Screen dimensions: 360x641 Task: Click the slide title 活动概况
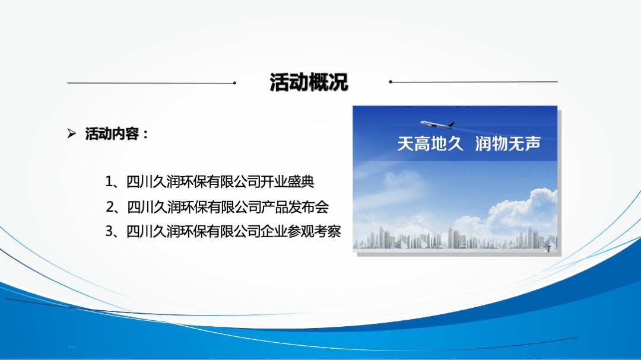(309, 82)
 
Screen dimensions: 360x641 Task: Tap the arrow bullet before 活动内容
(72, 134)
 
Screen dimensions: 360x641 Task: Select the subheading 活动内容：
(117, 134)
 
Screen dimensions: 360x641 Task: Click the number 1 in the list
(109, 181)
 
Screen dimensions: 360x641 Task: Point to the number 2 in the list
(109, 207)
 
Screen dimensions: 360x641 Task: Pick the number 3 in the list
(109, 231)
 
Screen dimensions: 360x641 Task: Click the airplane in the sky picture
(437, 124)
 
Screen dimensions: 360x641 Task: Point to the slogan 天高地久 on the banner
(430, 144)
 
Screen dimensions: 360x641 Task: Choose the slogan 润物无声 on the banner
(508, 144)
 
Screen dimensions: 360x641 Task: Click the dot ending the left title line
(235, 83)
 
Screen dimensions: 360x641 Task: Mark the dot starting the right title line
(391, 82)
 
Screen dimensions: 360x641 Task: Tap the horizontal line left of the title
(148, 83)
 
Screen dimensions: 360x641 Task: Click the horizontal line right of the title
(475, 82)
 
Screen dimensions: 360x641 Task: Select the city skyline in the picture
(454, 239)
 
